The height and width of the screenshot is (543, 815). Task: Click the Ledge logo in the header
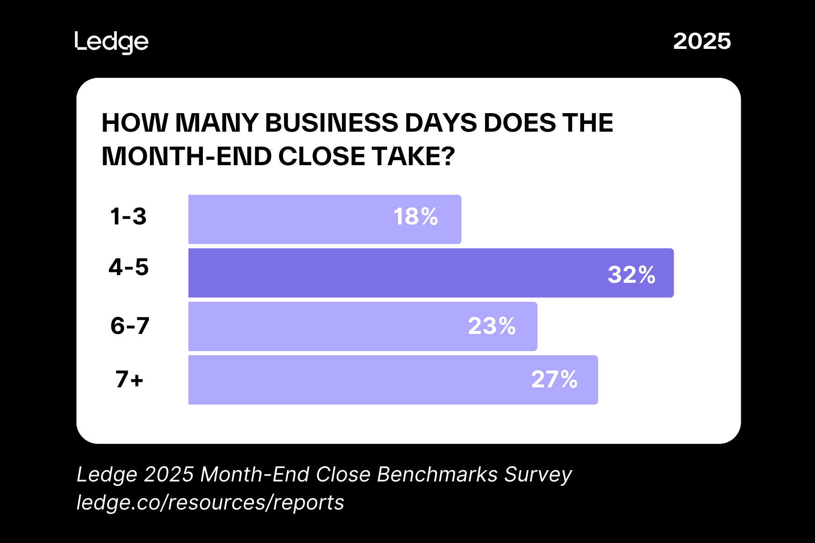[111, 43]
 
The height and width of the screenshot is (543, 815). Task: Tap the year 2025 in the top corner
[702, 42]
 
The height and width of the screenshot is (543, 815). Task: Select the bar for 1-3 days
[290, 219]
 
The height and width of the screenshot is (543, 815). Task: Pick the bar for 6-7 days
[326, 326]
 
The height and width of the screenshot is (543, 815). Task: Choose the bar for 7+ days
[353, 380]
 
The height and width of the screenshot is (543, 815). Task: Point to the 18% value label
[416, 217]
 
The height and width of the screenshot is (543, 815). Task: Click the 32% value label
[631, 275]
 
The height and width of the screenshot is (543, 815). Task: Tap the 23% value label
[492, 326]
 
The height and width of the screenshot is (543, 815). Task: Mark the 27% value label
[554, 380]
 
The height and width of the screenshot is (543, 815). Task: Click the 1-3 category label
[129, 216]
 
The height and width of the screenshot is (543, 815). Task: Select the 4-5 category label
[129, 267]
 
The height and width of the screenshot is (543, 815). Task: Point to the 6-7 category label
[130, 326]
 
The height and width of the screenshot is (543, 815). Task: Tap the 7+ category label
[129, 379]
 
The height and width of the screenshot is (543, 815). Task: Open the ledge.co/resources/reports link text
[211, 502]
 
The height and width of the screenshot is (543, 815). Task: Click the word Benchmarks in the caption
[437, 474]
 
